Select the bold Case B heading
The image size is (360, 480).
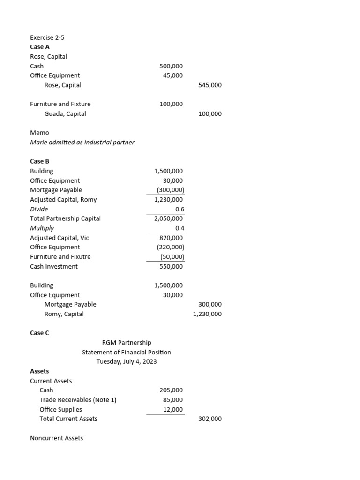click(x=40, y=161)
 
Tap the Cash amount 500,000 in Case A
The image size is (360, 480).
click(x=171, y=66)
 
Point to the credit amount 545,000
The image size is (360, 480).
click(x=210, y=85)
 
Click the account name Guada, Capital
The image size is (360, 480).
click(x=65, y=114)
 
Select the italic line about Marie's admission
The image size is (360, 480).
click(x=82, y=142)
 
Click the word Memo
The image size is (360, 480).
click(x=39, y=133)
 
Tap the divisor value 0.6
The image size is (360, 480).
click(x=179, y=209)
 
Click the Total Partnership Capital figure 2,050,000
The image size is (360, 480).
click(x=169, y=218)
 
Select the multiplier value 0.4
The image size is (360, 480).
click(x=179, y=228)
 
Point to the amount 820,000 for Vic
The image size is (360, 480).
click(x=171, y=238)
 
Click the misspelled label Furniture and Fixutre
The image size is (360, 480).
click(x=60, y=257)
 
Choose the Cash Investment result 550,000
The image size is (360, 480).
click(x=171, y=266)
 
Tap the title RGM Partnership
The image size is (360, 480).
click(x=127, y=343)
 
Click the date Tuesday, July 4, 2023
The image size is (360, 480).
click(x=127, y=361)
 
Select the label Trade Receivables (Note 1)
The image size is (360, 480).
click(x=78, y=400)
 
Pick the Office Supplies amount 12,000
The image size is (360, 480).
click(x=173, y=409)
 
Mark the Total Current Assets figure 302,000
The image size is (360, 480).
click(x=210, y=419)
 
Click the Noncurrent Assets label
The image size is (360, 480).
click(x=56, y=438)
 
